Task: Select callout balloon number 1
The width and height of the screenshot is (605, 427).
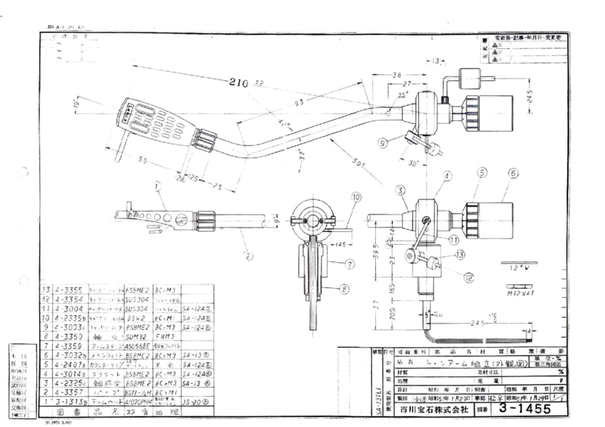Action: pos(157,186)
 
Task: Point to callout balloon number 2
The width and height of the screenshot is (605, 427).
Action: pos(248,255)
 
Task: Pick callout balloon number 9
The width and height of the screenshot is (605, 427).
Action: pos(383,141)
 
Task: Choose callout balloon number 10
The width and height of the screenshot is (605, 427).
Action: pos(355,197)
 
